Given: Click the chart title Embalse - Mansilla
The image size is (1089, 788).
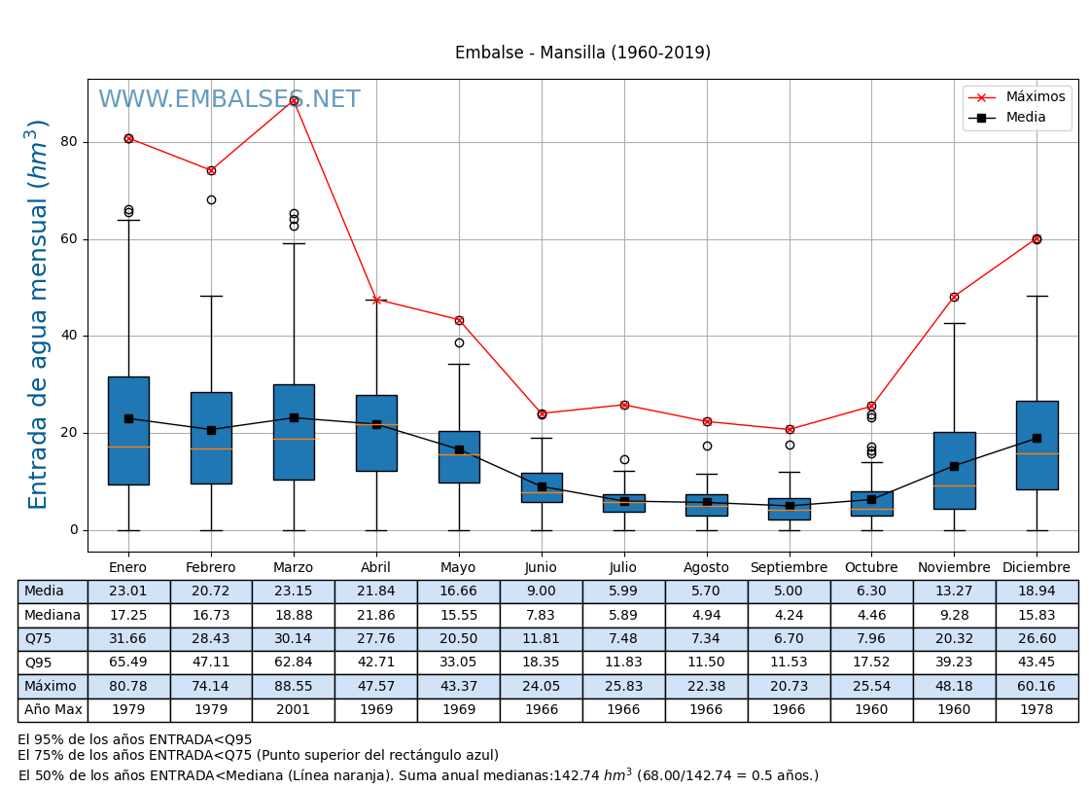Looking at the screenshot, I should tap(582, 54).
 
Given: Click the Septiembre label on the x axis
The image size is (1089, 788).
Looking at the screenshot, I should tap(789, 568).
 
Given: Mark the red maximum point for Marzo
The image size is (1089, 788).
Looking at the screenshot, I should tap(294, 100).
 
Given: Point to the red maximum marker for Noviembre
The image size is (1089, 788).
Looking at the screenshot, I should tap(954, 297).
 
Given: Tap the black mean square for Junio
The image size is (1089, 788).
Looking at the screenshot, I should tap(542, 486).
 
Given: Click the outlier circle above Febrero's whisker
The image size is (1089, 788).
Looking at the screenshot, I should tap(211, 200).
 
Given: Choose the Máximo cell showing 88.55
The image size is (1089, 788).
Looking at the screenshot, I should tap(293, 687).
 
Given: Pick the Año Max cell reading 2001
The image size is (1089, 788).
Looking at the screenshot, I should tap(293, 710).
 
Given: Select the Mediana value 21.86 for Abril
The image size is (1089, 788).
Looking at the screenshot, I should tap(375, 616).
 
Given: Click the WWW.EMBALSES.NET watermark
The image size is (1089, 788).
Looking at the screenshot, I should tap(228, 100).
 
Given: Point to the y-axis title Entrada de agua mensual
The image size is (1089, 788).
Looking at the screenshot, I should tap(38, 314).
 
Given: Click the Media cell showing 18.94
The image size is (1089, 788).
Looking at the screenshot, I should tap(1036, 591).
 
